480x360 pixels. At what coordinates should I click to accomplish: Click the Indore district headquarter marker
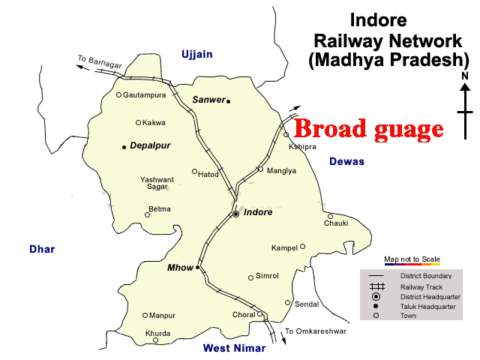click(235, 214)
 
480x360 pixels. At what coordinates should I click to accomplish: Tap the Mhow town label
click(181, 268)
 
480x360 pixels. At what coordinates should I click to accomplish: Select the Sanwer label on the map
click(208, 100)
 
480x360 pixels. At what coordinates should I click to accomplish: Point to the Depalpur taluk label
click(150, 146)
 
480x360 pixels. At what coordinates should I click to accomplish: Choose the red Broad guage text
click(367, 129)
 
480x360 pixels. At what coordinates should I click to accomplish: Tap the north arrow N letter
click(465, 76)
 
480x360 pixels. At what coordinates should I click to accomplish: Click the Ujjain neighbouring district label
click(197, 54)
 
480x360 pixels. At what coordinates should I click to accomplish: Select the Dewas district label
click(346, 161)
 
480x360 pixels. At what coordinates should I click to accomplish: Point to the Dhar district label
click(42, 249)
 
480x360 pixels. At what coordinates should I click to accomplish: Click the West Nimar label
click(234, 348)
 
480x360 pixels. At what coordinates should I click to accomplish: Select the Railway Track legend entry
click(421, 287)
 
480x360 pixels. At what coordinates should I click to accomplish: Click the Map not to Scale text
click(412, 259)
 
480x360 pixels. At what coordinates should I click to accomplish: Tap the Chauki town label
click(336, 223)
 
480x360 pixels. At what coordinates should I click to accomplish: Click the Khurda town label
click(158, 333)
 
